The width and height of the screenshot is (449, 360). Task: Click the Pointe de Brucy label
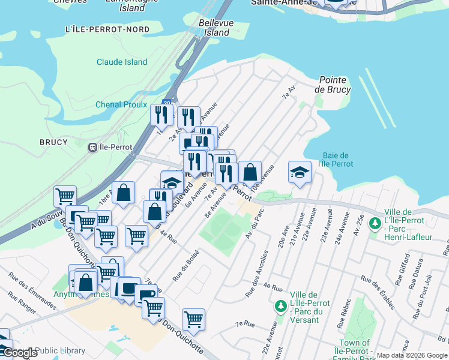[x=335, y=84]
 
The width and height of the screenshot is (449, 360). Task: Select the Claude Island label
[x=122, y=62]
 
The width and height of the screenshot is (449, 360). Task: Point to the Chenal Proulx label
[x=121, y=104]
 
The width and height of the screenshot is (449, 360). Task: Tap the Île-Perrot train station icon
[x=93, y=147]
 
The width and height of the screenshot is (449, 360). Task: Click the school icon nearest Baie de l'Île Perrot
[x=300, y=172]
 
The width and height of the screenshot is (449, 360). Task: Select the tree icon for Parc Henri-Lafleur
[x=376, y=224]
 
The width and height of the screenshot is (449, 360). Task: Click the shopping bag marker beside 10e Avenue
[x=250, y=173]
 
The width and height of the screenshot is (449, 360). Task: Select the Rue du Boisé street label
[x=185, y=265]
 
